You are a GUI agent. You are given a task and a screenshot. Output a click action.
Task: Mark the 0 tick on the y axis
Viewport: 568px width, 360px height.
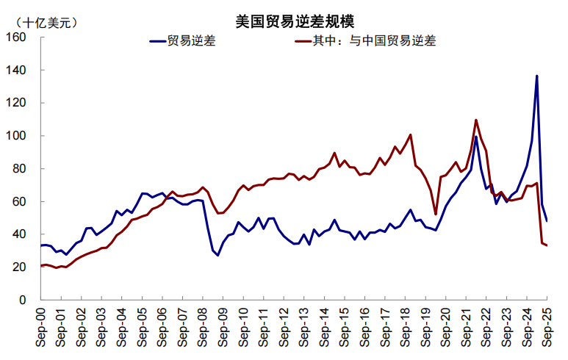coord(21,300)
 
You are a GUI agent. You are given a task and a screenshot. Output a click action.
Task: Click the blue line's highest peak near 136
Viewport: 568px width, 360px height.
coord(536,76)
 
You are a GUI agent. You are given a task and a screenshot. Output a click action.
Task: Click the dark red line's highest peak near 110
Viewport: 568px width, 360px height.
coord(476,120)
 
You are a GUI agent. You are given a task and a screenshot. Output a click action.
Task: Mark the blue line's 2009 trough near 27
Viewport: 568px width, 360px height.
coord(218,255)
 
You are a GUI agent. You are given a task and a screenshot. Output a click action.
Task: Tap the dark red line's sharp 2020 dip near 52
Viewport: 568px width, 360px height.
coord(436,215)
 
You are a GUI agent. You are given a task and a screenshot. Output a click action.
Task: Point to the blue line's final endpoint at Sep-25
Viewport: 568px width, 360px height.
coord(547,220)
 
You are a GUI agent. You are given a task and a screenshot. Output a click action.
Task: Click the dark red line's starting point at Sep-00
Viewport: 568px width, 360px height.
coord(41,265)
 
